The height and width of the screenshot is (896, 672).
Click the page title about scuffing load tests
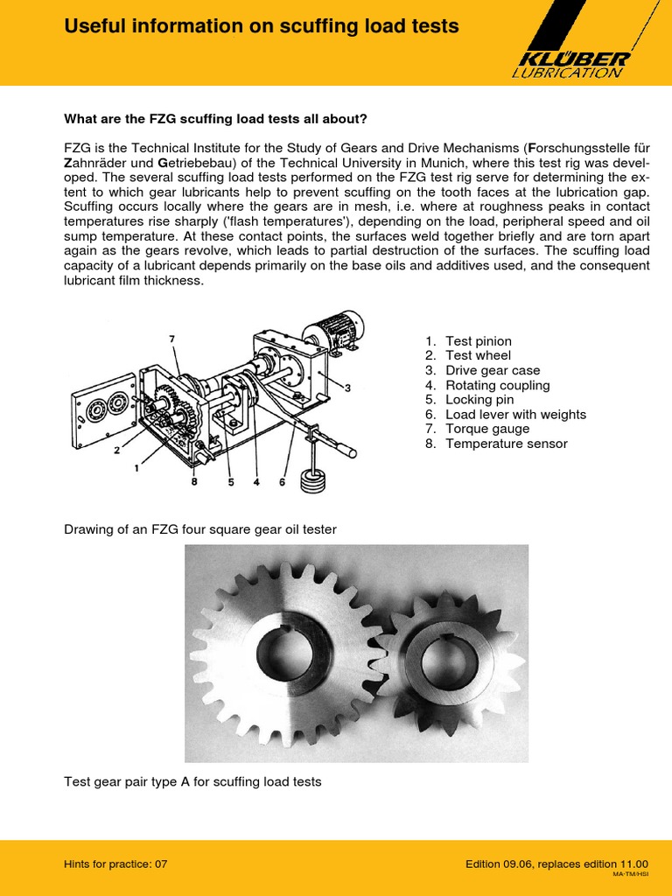(x=262, y=27)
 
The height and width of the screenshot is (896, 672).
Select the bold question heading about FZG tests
(x=216, y=119)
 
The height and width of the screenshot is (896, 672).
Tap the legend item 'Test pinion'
(x=478, y=341)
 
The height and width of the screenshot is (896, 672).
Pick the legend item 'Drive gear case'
(x=492, y=371)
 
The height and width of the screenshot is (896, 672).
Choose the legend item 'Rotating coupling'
(x=497, y=385)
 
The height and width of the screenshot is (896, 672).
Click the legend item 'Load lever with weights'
(x=515, y=415)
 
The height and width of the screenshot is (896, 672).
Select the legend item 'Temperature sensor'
(x=506, y=444)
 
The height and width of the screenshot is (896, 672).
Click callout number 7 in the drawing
(x=171, y=337)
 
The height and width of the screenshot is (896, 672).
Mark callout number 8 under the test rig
(x=193, y=480)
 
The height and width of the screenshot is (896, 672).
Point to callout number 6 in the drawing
(x=283, y=480)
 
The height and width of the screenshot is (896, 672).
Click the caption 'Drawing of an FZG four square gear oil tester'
(x=199, y=529)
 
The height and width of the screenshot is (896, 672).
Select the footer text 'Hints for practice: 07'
(x=115, y=864)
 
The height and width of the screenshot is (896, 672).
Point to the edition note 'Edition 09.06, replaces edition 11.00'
(x=556, y=864)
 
